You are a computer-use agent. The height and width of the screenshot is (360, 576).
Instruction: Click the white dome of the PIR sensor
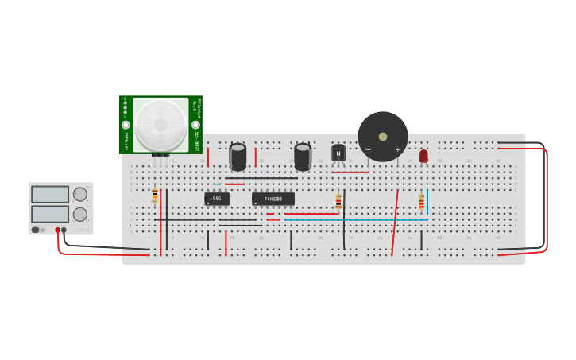160,124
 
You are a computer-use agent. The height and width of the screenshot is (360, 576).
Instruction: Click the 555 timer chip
217,199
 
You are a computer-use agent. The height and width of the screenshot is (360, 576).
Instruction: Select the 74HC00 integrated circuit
273,199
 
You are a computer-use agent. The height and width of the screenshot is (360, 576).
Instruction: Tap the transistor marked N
338,153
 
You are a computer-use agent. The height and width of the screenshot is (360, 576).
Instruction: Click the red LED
423,156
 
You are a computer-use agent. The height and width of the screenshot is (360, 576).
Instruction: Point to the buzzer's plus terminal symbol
397,149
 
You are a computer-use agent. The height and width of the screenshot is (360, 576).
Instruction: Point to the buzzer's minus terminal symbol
368,149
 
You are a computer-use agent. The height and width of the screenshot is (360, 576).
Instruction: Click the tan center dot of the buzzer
383,137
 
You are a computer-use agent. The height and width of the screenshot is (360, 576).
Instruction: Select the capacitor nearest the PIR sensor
238,157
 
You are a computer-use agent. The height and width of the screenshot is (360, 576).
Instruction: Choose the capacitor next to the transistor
303,157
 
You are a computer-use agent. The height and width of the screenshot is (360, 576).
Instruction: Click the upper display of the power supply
50,195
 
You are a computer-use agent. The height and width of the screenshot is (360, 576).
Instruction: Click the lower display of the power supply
50,214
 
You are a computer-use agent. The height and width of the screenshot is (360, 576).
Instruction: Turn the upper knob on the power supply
80,195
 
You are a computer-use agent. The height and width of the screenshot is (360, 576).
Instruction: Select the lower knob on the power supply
80,215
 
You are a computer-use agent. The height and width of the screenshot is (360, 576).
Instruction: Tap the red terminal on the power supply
58,230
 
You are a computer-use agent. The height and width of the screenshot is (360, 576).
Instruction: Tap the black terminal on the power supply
64,230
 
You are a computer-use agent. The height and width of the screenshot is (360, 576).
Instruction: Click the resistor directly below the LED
421,202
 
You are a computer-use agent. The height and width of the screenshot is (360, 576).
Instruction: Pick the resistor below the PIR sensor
154,195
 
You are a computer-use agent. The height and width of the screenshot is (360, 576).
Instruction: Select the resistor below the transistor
338,202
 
